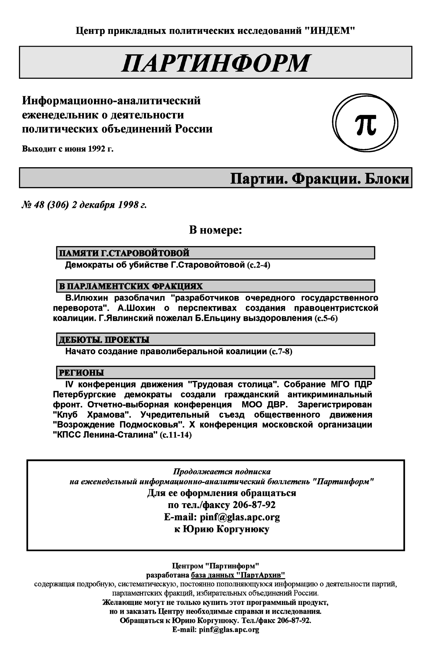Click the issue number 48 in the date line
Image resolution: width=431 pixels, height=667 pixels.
coord(39,205)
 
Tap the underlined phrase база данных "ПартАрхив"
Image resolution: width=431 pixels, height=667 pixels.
coord(238,575)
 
